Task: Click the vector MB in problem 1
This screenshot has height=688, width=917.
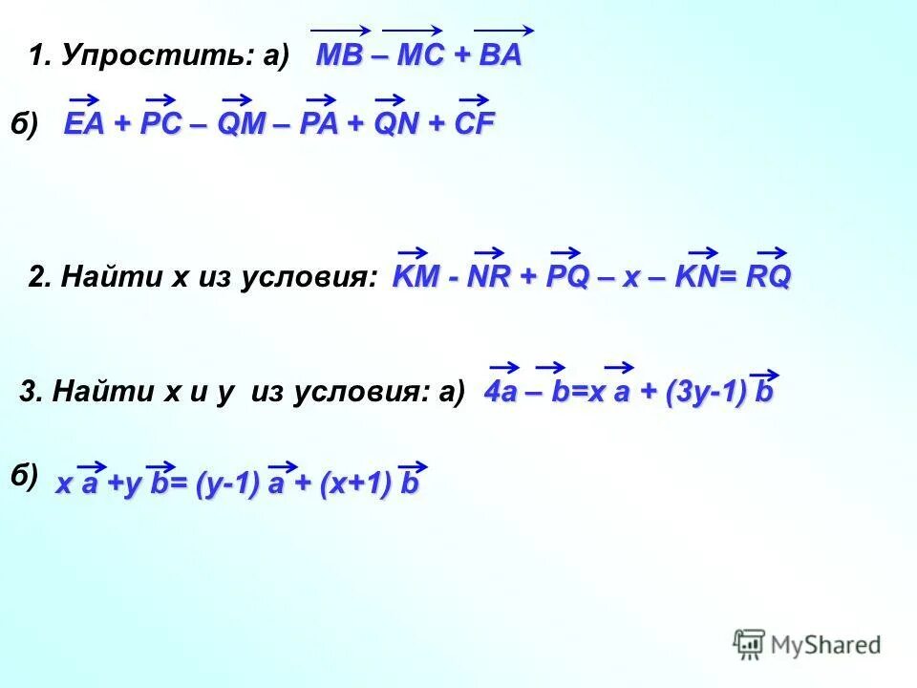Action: [x=339, y=55]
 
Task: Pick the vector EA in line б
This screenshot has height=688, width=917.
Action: [x=84, y=124]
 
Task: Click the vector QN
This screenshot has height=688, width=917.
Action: [x=391, y=124]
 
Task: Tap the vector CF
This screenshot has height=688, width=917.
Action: [x=473, y=124]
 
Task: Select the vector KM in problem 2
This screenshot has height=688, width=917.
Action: [x=414, y=277]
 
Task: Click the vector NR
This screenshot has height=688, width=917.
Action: [x=487, y=277]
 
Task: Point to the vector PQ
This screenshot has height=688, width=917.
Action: [x=565, y=277]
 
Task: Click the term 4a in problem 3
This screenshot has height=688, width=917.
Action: [x=502, y=392]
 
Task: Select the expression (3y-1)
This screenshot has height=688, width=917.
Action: [x=703, y=392]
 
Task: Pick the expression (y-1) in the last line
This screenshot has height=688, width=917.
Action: [x=226, y=484]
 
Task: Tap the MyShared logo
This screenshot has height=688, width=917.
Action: [x=807, y=644]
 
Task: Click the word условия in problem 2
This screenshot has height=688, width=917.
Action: [x=311, y=278]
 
